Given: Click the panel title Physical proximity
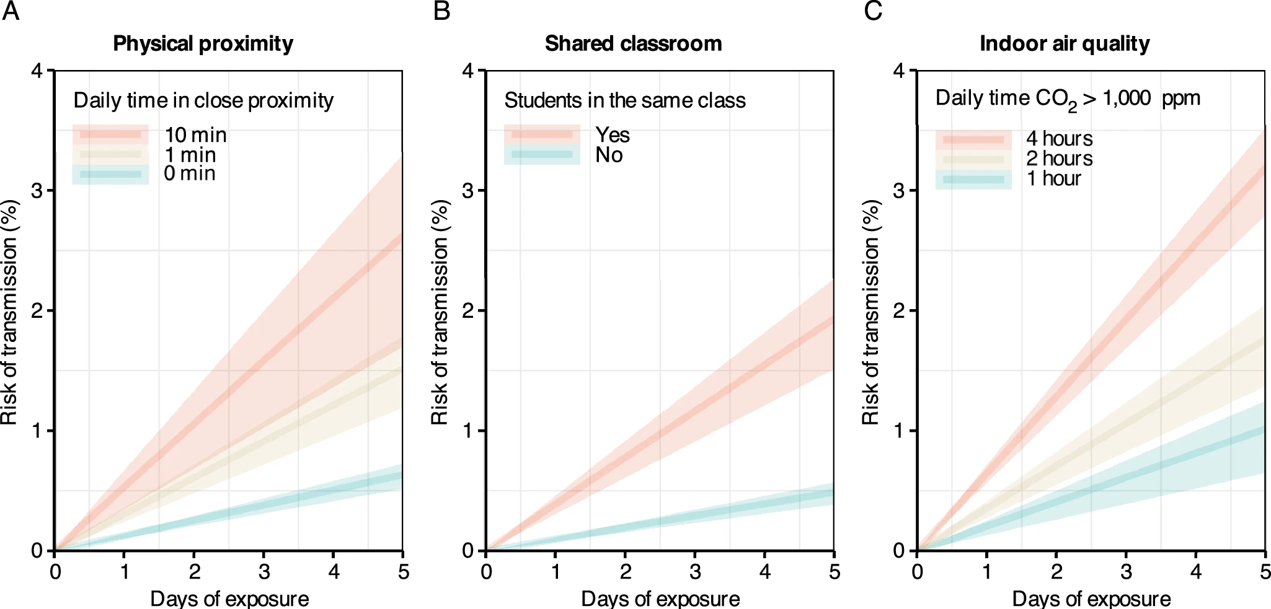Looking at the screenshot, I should pos(203,44).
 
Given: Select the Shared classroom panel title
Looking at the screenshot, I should pos(633,44).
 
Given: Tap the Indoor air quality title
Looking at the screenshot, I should pos(1065,44).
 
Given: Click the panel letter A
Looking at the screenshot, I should pos(11,11).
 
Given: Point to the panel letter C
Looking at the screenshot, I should pos(873,11).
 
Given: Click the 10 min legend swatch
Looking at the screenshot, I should pos(110,134).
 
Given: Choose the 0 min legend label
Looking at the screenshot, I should pos(190,173).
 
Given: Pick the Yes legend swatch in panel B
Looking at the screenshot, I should pos(542,134).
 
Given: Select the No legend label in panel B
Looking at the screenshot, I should pos(609,155).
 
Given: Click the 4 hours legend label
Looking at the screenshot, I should pos(1059,139).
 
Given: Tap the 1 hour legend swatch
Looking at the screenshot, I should pos(973,179).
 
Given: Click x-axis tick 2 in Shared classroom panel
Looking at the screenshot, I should pos(626,571).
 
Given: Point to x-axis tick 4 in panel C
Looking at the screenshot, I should pos(1196,571).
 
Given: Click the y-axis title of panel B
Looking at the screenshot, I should pos(440,312).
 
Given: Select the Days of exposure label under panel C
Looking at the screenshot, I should pos(1091,598).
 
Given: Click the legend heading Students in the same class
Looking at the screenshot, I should pos(625,100).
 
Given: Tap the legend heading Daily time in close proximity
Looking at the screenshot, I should pos(203,100).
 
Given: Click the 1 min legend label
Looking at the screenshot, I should pos(190,155).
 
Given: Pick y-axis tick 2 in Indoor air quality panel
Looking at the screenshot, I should pos(899,310).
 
